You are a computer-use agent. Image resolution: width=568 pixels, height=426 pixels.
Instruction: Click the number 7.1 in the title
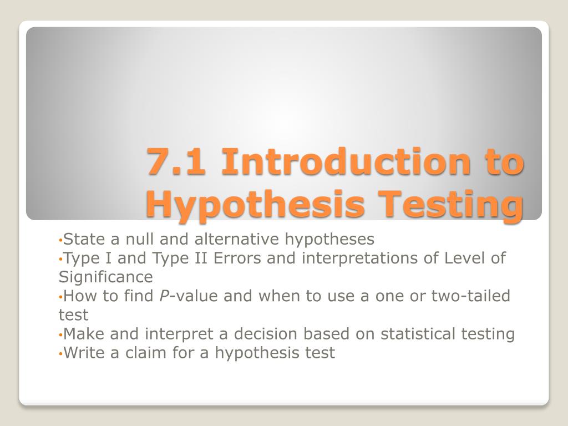click(176, 162)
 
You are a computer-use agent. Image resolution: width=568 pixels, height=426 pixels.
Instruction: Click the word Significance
click(105, 277)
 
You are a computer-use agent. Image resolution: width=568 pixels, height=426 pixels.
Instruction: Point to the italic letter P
click(164, 296)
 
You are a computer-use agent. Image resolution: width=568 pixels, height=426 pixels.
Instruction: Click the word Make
click(84, 333)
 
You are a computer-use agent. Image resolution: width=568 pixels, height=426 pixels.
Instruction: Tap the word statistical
click(414, 333)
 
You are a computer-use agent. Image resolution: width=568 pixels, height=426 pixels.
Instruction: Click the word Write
click(85, 352)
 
